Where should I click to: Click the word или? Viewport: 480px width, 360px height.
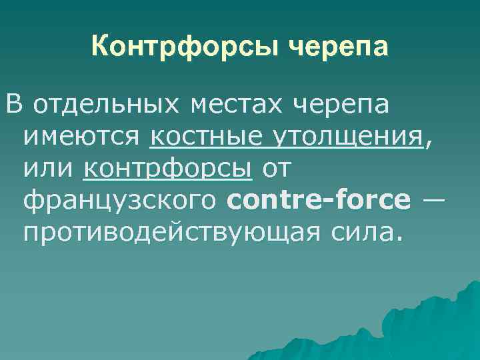[x=49, y=169]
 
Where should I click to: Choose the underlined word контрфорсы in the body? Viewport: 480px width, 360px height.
[x=168, y=169]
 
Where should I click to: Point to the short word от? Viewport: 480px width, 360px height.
[x=276, y=169]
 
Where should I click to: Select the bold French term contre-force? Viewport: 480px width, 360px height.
[x=319, y=201]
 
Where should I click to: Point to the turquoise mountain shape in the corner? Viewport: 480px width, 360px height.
[x=427, y=327]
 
